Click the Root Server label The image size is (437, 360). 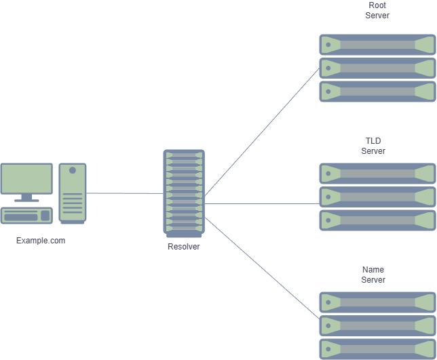[377, 11]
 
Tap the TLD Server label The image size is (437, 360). [373, 146]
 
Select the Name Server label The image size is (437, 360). [373, 275]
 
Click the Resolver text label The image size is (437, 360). [184, 247]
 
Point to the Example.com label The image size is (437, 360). [41, 241]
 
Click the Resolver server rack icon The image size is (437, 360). [184, 193]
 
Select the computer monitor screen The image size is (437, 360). [26, 179]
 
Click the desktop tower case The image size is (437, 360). [73, 193]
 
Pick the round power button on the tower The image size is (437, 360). [73, 170]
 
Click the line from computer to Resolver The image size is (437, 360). [125, 193]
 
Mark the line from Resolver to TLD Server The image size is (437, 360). [261, 203]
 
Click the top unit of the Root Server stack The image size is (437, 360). [377, 45]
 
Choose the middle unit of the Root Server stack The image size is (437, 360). [377, 68]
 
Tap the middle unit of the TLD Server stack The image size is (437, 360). [377, 197]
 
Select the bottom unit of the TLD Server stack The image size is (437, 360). [377, 220]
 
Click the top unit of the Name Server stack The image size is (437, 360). [377, 302]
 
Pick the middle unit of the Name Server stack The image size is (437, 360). [377, 326]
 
